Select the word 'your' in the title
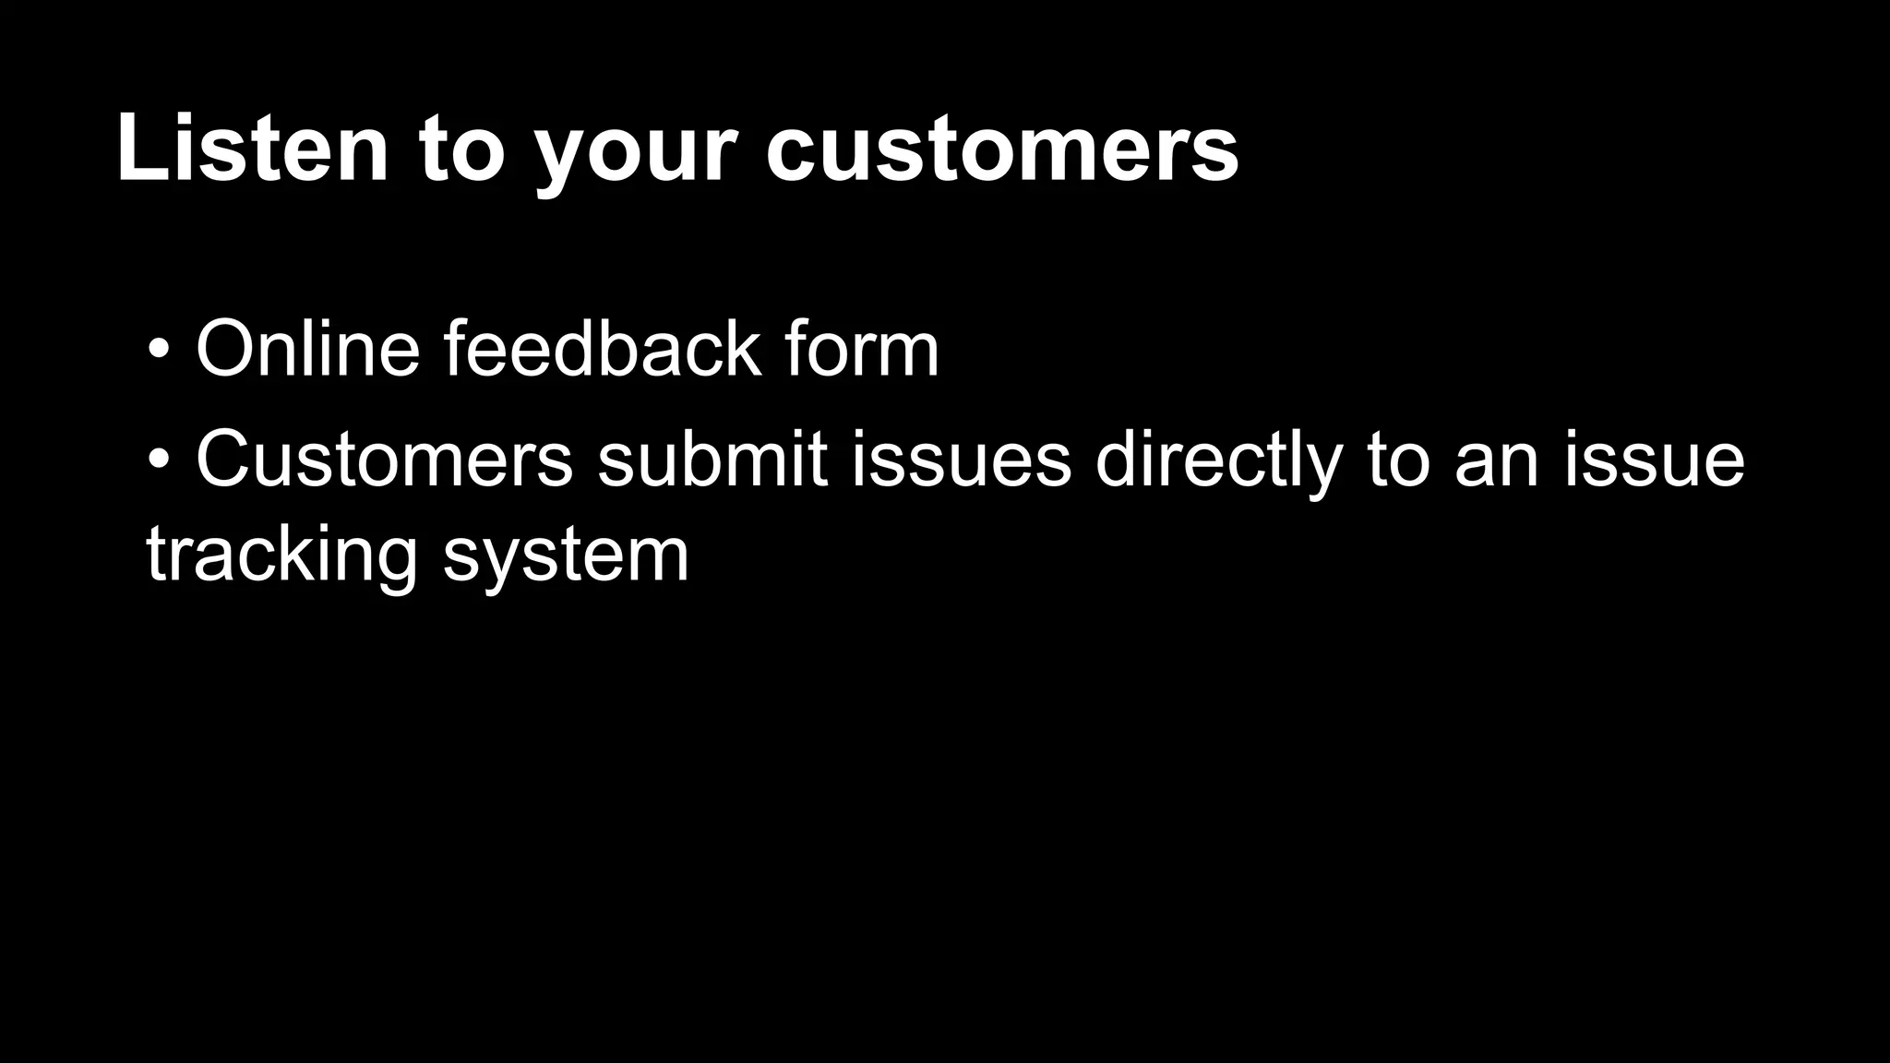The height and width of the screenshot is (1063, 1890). pyautogui.click(x=637, y=152)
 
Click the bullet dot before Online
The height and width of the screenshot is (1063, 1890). pyautogui.click(x=159, y=351)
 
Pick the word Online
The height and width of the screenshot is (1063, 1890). pyautogui.click(x=307, y=349)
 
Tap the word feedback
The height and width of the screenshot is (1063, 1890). pyautogui.click(x=603, y=349)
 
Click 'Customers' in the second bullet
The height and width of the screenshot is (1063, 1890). pyautogui.click(x=384, y=459)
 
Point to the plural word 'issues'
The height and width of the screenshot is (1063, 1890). pyautogui.click(x=961, y=459)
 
